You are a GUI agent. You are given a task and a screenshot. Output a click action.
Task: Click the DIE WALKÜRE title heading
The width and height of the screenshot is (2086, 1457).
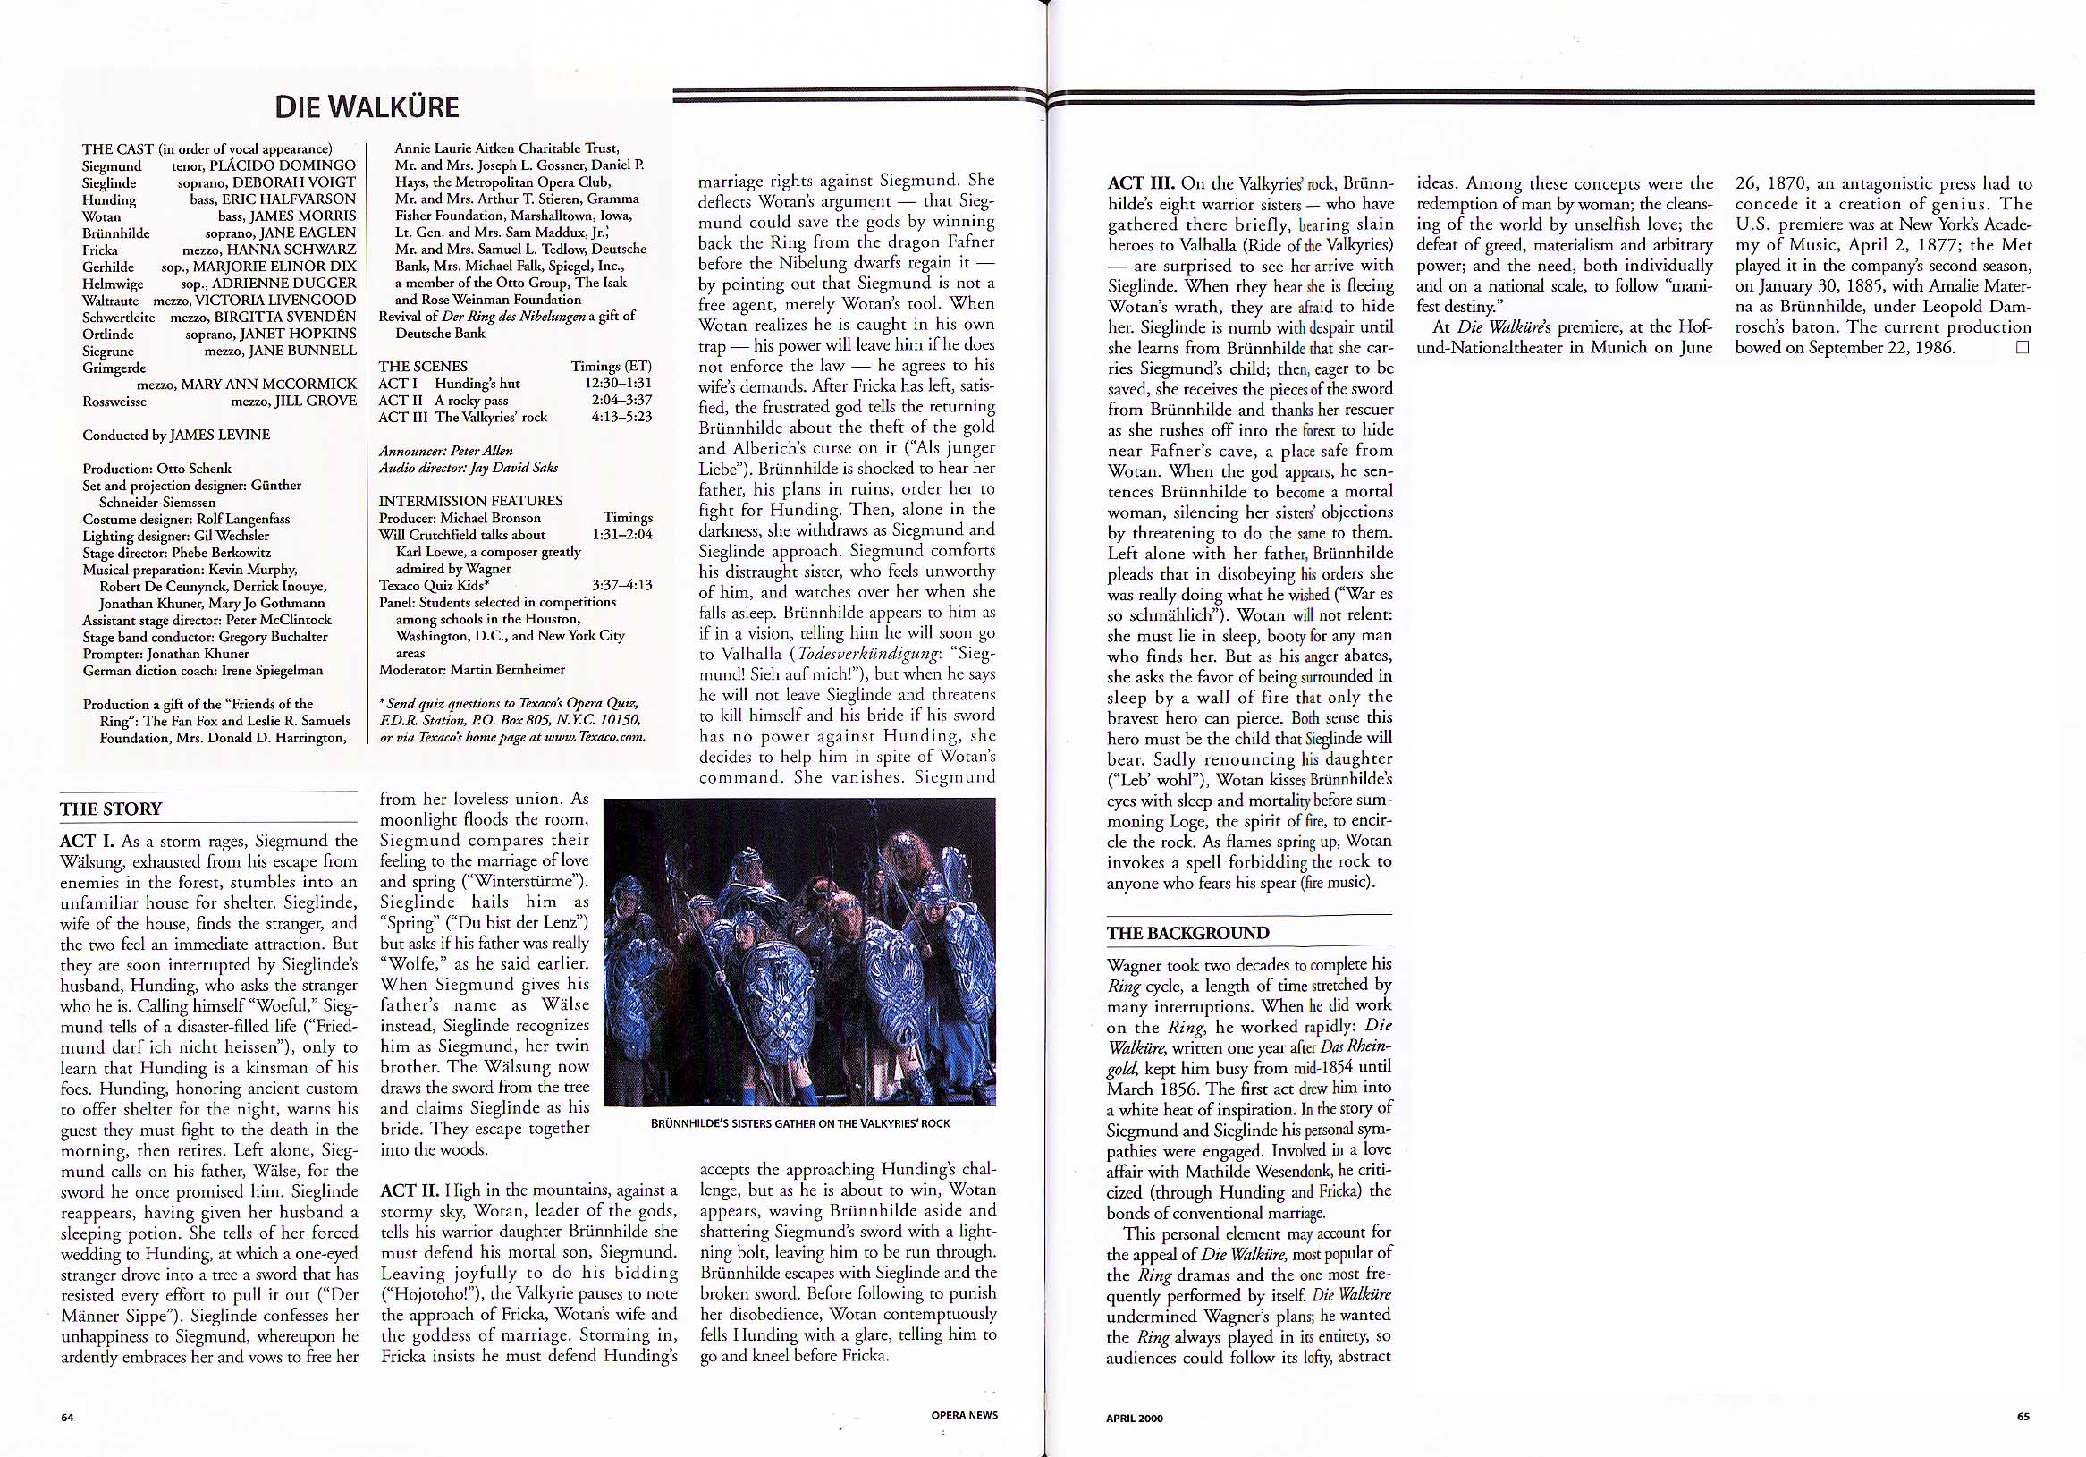[367, 107]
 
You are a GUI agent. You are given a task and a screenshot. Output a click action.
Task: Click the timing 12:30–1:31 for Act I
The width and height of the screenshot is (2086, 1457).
[618, 383]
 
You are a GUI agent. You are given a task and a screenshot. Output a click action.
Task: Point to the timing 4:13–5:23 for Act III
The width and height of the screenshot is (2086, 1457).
[618, 417]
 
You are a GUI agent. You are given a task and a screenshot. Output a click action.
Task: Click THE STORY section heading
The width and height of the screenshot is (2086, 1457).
[111, 809]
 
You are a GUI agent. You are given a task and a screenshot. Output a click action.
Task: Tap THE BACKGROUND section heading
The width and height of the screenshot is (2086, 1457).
[1187, 934]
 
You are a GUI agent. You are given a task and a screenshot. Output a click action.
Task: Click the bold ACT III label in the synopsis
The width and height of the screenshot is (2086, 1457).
[1141, 183]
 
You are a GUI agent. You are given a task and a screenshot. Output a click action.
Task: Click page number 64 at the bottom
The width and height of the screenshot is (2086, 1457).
[67, 1416]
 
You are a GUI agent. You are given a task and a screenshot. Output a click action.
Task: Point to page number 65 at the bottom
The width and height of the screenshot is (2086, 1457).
[2023, 1416]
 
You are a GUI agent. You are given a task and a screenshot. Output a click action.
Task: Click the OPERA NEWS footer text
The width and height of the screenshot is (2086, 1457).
[964, 1415]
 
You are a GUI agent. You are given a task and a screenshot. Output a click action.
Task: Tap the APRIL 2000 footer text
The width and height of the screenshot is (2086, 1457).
[1134, 1417]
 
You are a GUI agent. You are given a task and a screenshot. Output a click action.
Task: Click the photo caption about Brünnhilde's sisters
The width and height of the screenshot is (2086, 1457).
[799, 1123]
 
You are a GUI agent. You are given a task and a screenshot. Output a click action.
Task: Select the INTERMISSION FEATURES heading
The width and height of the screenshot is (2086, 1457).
[470, 501]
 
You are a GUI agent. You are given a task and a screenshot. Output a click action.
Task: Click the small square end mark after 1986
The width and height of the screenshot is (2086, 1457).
[2022, 347]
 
